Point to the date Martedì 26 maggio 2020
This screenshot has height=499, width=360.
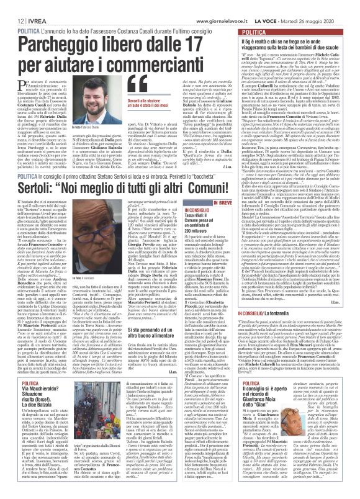317,5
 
